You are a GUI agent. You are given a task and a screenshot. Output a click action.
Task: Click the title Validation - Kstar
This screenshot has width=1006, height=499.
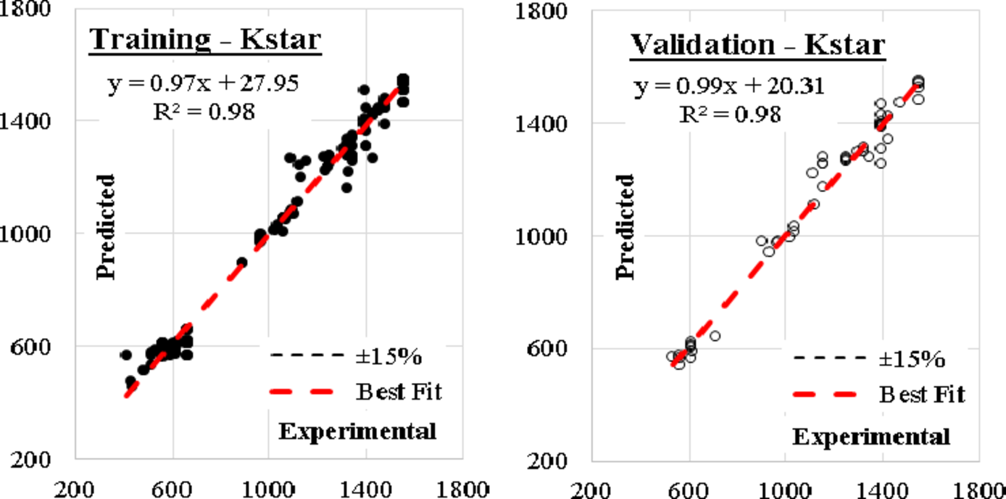pos(757,45)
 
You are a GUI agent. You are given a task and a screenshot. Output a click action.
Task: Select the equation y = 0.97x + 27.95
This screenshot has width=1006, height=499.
pos(203,83)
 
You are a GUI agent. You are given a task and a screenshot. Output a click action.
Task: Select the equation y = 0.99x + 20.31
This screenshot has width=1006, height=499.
pos(728,87)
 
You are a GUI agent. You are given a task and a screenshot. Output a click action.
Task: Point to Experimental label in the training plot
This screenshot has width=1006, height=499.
pos(357,432)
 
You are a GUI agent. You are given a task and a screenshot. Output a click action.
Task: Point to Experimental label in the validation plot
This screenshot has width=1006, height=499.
pos(870,437)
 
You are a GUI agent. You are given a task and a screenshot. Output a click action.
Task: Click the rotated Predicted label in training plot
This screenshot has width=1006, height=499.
pos(107,226)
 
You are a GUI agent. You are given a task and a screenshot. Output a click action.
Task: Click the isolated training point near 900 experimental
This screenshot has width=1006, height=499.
pos(242,263)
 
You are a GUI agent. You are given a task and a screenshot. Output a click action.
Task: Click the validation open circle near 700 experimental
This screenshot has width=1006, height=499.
pos(715,336)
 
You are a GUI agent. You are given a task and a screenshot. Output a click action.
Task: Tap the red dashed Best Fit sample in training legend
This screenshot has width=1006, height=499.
pos(302,392)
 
